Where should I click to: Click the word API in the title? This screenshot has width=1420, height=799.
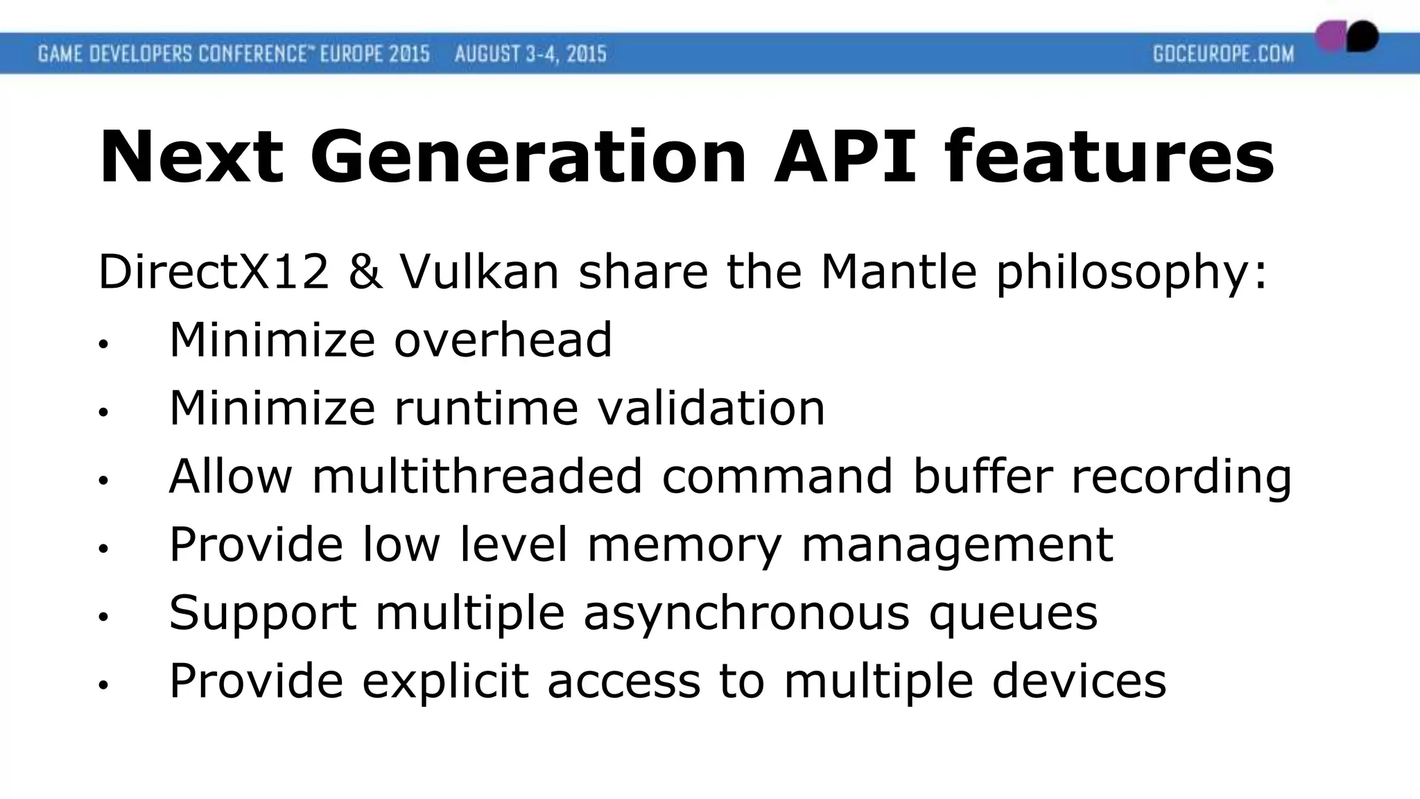point(847,157)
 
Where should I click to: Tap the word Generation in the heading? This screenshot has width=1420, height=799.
point(528,157)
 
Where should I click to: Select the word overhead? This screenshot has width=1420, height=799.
point(503,340)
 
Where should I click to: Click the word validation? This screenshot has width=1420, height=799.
point(711,408)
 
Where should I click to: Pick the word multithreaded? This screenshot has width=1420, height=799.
point(477,476)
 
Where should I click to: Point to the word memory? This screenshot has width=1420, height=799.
point(684,545)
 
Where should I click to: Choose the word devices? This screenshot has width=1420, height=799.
point(1079,681)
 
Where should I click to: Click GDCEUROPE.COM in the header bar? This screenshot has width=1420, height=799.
point(1223,54)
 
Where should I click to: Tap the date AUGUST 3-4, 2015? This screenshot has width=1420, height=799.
point(530,54)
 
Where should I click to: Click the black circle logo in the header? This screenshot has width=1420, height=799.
point(1362,36)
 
